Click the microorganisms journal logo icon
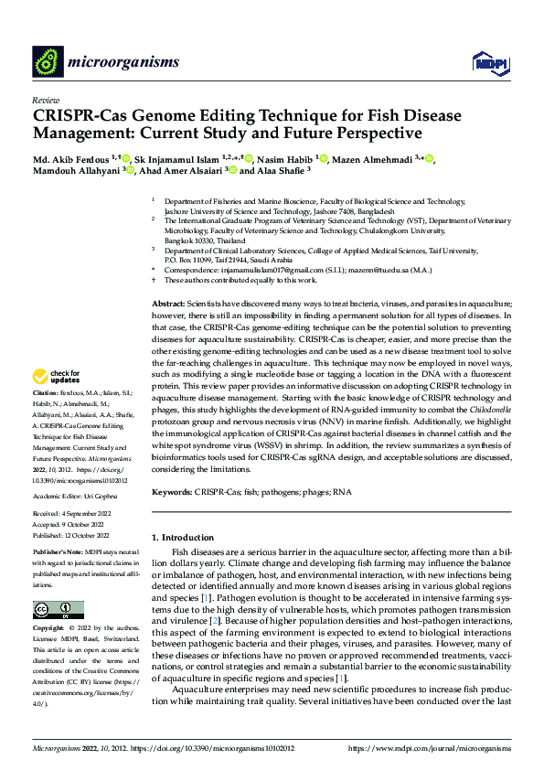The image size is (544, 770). pos(48,61)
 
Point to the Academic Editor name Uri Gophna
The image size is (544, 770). pos(106,496)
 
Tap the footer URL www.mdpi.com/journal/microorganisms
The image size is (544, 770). pos(429,748)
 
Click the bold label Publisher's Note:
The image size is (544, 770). pos(58,554)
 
